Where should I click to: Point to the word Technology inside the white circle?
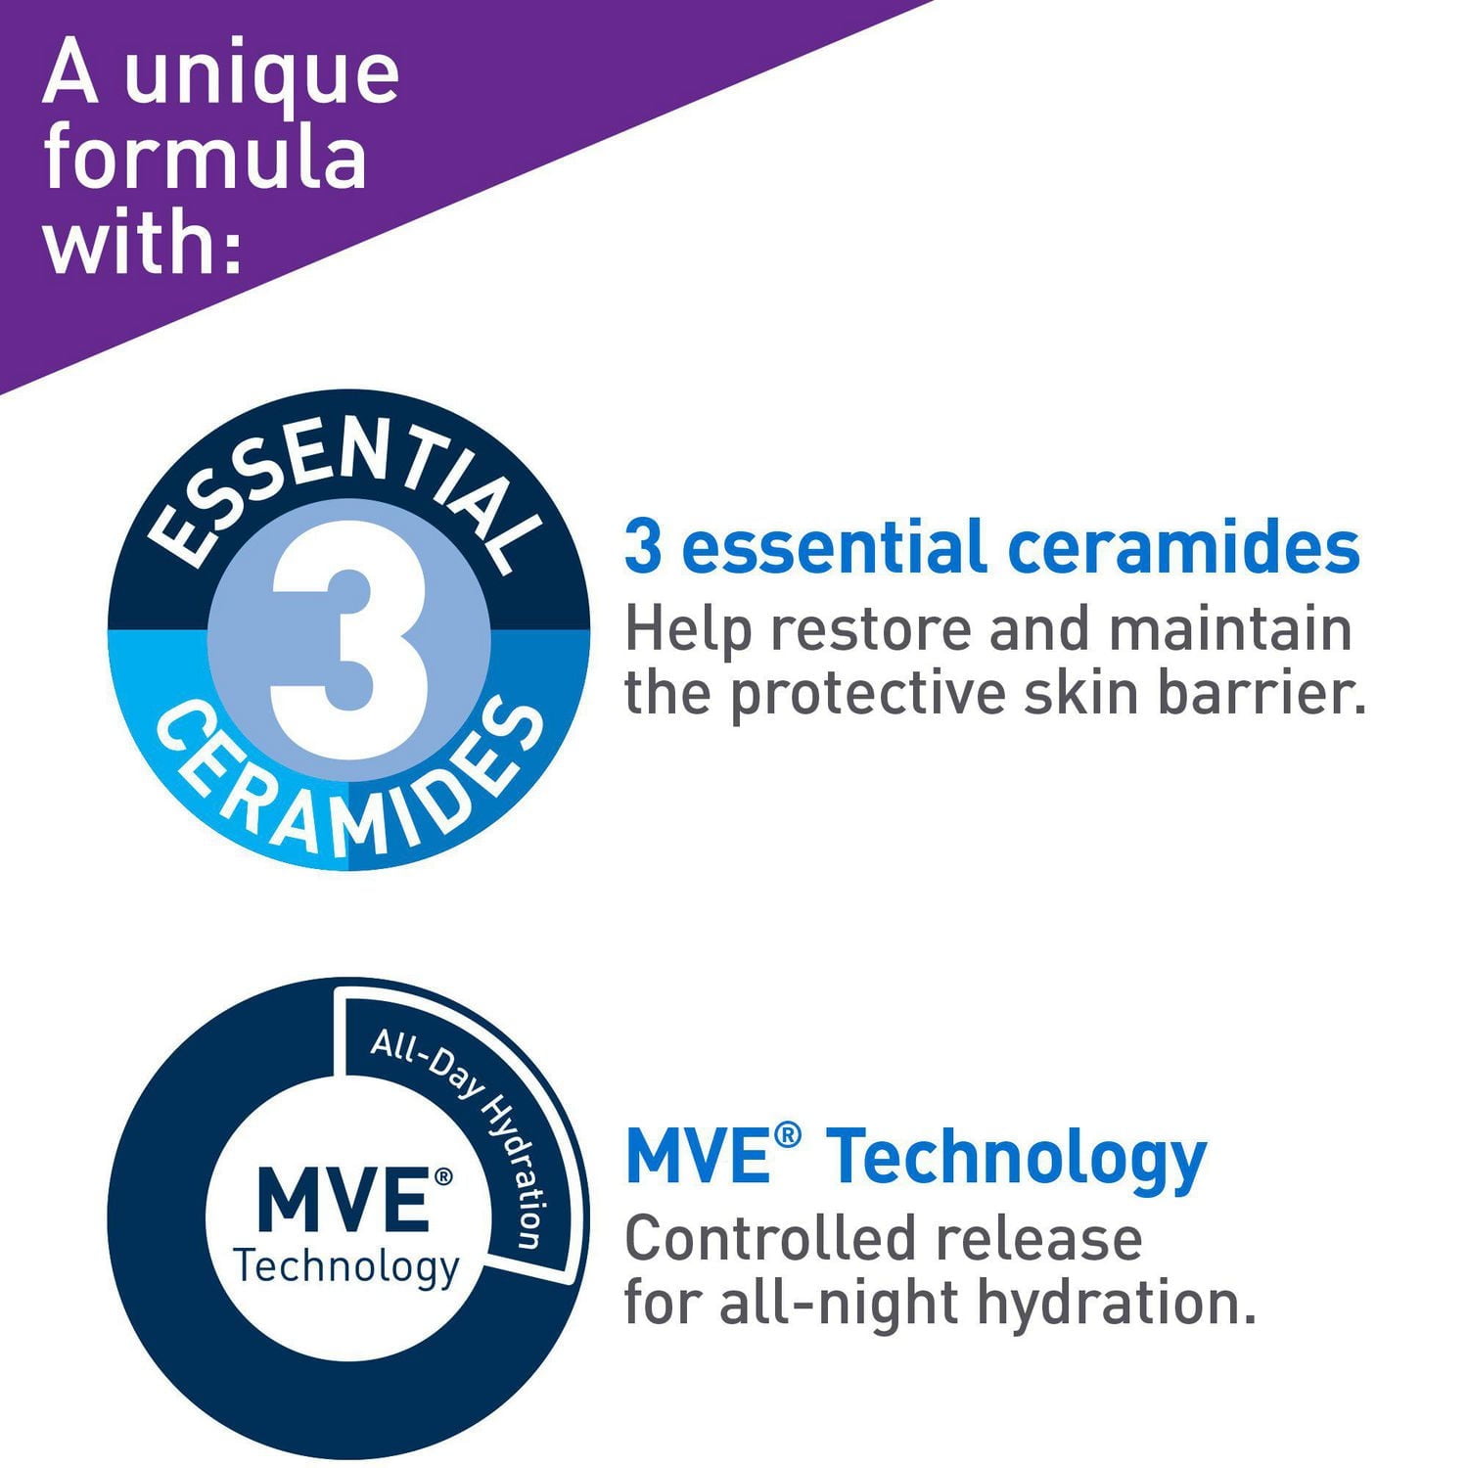click(346, 1267)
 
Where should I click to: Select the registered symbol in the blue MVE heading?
click(788, 1135)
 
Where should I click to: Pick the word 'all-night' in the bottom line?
click(839, 1304)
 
